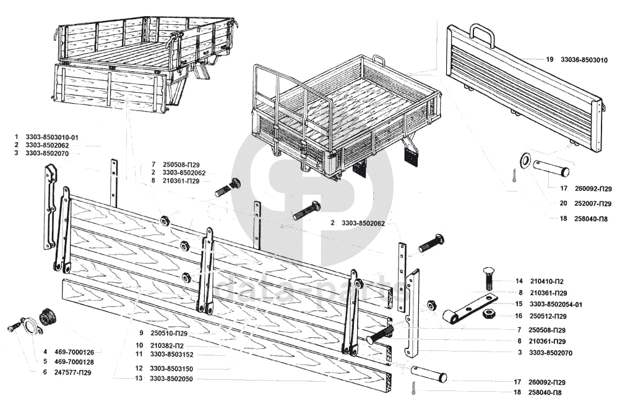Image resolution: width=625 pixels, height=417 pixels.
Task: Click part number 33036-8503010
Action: (x=584, y=60)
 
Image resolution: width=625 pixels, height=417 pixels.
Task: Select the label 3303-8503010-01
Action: (x=52, y=137)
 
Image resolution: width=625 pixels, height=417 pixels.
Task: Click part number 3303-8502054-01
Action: (x=556, y=305)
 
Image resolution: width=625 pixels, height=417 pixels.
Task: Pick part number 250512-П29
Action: (x=548, y=316)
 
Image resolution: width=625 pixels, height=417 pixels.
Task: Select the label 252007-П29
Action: (x=592, y=203)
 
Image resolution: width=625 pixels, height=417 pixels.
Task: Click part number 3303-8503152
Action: (x=171, y=354)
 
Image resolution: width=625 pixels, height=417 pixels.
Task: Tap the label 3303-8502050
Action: (x=171, y=379)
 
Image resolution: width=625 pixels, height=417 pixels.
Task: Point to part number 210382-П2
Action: (x=167, y=346)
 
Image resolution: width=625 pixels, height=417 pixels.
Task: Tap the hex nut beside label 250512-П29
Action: (x=487, y=314)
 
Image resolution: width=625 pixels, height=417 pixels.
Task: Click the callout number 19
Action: (x=550, y=59)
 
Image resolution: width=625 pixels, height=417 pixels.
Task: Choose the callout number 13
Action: (x=139, y=379)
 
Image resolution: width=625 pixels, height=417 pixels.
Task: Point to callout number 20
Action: (x=563, y=203)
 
